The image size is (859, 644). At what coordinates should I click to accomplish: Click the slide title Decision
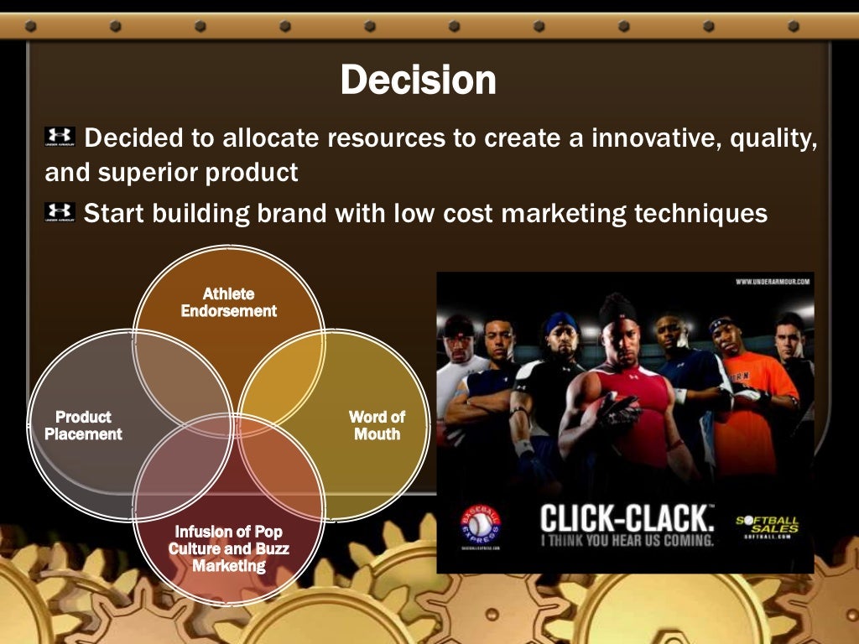418,80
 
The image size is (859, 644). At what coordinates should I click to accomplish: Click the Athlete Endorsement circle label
228,303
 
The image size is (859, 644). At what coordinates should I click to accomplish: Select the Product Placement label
83,426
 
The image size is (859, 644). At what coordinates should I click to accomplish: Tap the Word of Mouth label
377,426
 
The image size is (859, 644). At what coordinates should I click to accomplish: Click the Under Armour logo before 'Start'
60,212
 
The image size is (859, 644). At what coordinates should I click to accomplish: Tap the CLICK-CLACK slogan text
626,517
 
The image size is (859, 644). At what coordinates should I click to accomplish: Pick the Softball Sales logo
767,526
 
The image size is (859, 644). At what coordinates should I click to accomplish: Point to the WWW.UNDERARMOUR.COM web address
772,282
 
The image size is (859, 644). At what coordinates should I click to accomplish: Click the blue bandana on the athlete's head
561,322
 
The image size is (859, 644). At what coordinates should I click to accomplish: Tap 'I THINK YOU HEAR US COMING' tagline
626,541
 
